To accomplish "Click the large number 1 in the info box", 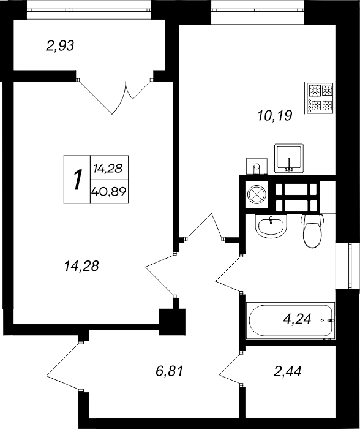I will pos(77,180).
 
